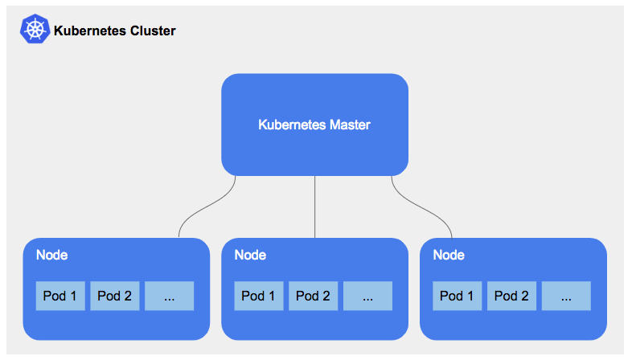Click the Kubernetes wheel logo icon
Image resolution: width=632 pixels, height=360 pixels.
click(35, 30)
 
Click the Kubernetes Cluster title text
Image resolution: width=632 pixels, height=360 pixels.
click(114, 31)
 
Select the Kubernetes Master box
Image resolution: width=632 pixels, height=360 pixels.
click(314, 104)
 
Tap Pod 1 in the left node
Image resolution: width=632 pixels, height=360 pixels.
click(60, 296)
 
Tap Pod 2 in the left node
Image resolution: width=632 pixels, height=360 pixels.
click(114, 296)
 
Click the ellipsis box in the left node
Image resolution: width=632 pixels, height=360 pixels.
click(169, 296)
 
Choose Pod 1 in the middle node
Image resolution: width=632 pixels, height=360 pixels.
click(259, 296)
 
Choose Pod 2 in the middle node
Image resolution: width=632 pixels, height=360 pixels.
click(313, 296)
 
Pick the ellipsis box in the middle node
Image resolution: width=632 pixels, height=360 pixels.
click(367, 296)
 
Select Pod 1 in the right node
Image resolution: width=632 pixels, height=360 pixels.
click(458, 296)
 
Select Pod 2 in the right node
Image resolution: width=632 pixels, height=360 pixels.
click(511, 296)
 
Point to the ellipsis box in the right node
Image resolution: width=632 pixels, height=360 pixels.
click(566, 296)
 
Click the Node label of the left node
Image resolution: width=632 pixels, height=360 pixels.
click(51, 256)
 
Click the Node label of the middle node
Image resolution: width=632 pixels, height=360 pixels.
click(250, 256)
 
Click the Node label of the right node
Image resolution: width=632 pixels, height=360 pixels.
click(449, 256)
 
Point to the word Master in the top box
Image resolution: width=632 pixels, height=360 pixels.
click(350, 125)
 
